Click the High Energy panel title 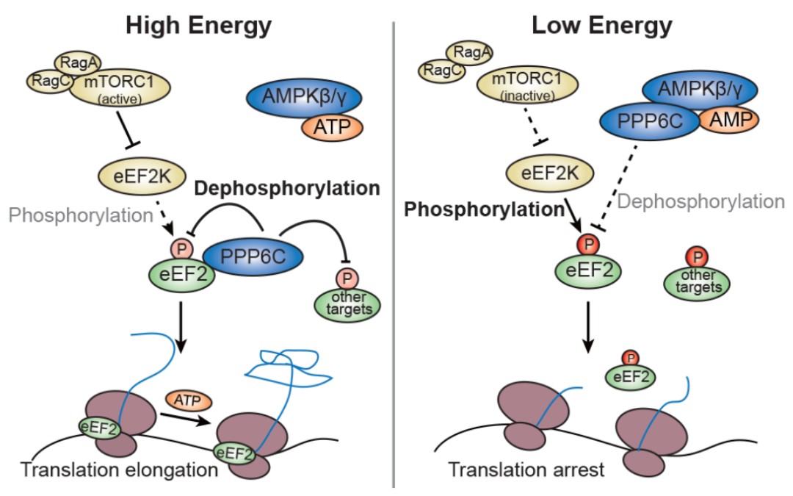coord(198,26)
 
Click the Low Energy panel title coord(601,26)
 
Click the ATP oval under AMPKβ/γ coord(331,127)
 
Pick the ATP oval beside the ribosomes coord(189,400)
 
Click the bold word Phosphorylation coord(482,209)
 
